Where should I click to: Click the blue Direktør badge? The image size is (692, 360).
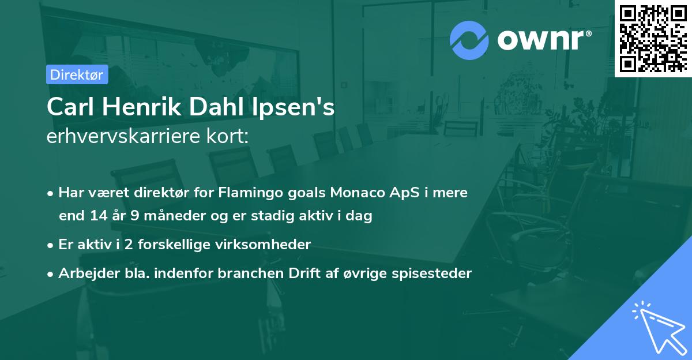(77, 74)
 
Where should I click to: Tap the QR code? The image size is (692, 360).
(653, 38)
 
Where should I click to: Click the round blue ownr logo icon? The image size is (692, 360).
(469, 40)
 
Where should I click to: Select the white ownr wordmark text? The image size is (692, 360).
(544, 40)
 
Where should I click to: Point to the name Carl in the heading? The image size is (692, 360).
(70, 107)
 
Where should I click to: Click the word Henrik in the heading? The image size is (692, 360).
(142, 107)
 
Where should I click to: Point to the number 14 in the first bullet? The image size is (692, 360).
(99, 215)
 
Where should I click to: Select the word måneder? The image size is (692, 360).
(175, 215)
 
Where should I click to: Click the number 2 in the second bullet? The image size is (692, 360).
(129, 245)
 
